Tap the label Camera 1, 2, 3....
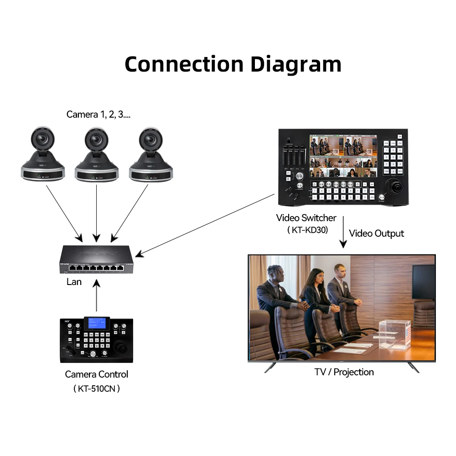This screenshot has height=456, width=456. coord(98,114)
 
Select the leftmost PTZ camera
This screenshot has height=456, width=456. coord(43,155)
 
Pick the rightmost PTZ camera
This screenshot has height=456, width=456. coord(150,155)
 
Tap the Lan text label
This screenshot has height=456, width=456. coord(74,282)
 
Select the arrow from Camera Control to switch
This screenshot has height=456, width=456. coord(96,296)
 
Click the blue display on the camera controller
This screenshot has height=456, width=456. coord(96,322)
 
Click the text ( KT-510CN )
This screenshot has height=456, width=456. coord(97,389)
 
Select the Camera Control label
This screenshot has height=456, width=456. coord(97,374)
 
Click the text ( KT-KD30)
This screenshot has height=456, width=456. coord(308,231)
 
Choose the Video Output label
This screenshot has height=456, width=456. coord(376,233)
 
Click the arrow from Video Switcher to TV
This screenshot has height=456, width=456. coord(343,233)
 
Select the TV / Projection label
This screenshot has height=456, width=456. coord(344,372)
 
